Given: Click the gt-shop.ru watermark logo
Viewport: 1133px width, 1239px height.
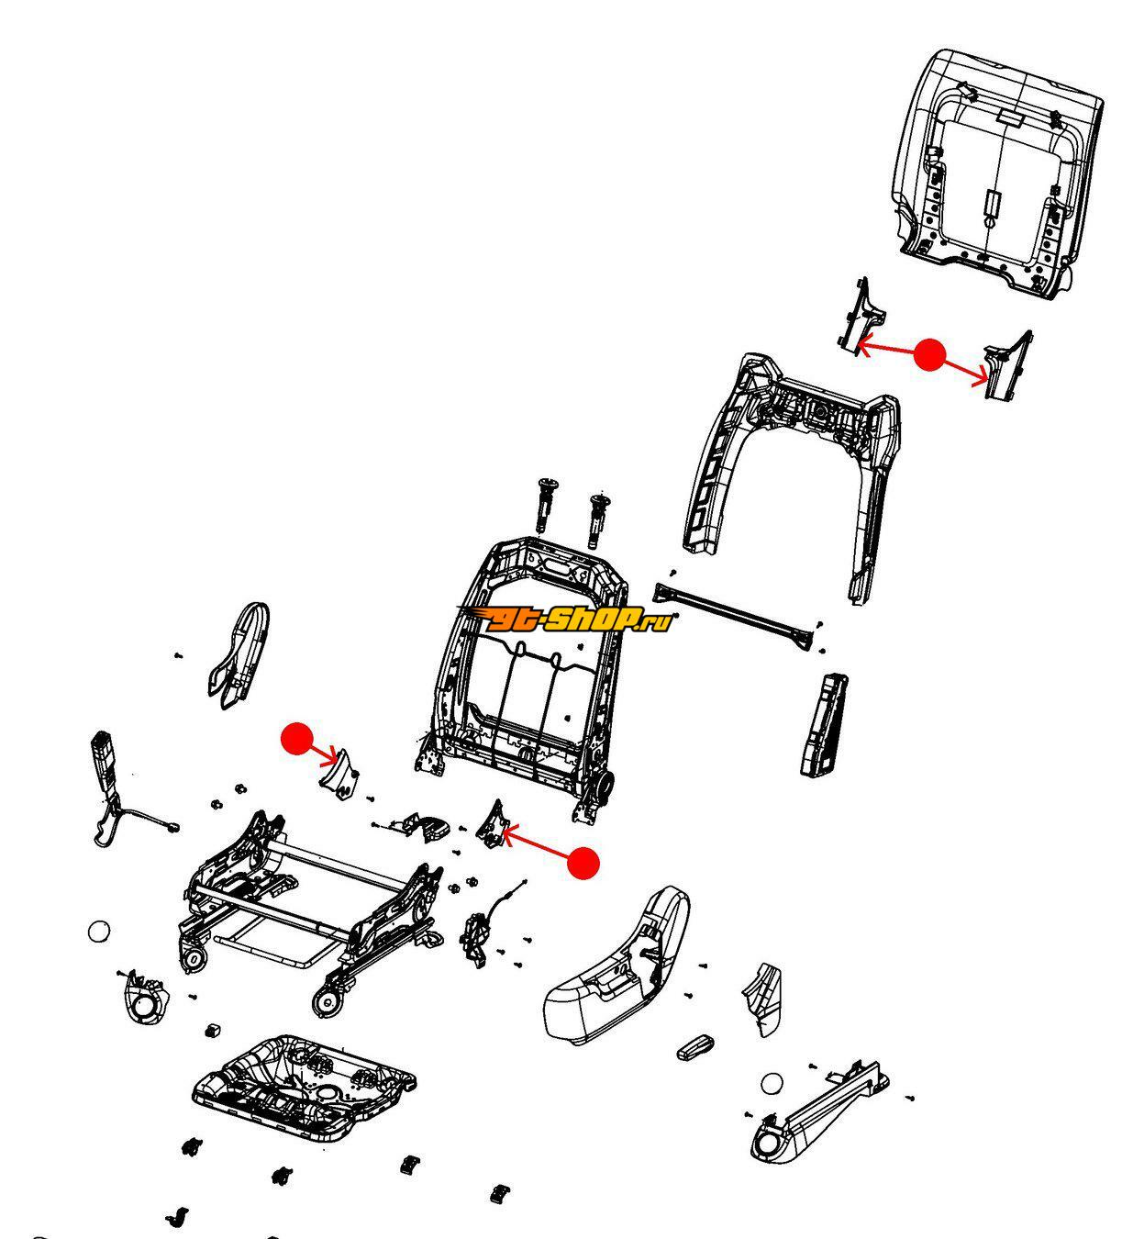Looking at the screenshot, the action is (565, 619).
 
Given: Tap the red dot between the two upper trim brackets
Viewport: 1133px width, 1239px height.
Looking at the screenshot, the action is (928, 354).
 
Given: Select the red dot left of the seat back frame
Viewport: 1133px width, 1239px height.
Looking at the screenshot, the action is (297, 739).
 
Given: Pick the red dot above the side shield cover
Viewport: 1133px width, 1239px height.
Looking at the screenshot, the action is (583, 863).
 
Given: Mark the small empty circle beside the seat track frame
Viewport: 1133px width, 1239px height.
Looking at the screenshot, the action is (99, 931).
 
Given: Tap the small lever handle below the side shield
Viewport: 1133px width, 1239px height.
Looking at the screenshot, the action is (695, 1047).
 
